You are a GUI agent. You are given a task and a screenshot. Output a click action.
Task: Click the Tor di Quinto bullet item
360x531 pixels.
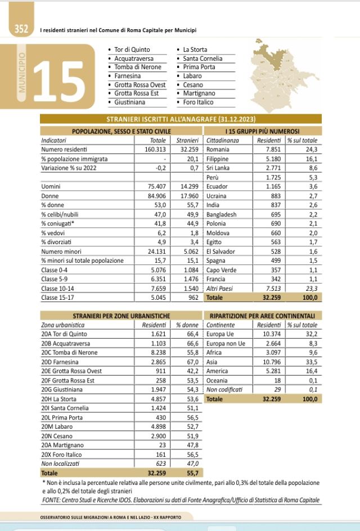click(132, 50)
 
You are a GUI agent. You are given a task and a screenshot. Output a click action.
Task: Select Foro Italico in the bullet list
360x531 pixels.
click(199, 102)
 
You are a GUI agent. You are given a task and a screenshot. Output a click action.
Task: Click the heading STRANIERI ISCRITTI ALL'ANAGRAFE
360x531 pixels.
click(180, 119)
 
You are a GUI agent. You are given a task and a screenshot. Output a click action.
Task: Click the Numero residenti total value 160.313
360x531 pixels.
click(154, 150)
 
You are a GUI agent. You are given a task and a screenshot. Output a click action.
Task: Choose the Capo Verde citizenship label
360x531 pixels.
click(222, 269)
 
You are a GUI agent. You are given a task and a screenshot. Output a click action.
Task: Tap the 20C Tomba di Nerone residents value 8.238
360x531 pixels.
click(156, 353)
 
